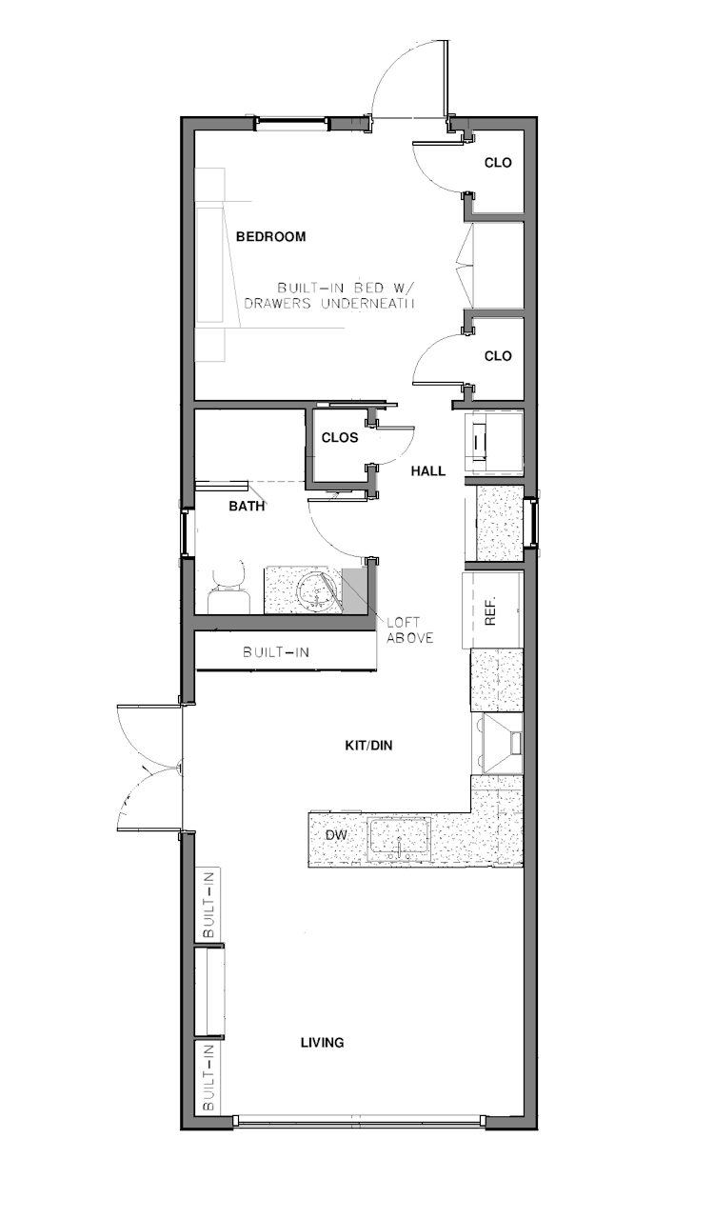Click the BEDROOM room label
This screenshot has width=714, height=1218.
pos(270,237)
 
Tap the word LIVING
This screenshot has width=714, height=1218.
pos(322,1043)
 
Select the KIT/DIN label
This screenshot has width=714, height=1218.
pos(368,746)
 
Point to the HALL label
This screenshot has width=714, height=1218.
pos(427,471)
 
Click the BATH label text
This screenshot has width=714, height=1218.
pos(247,508)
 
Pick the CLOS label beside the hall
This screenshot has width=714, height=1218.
pos(339,438)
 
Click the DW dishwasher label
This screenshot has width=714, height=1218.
pos(335,835)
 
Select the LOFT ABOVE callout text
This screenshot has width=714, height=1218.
pos(409,630)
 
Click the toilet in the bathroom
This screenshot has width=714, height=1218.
pos(228,590)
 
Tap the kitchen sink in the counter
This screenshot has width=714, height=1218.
pos(400,839)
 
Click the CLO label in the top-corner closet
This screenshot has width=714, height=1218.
pos(498,163)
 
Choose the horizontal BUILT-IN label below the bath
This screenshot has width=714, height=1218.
pos(275,652)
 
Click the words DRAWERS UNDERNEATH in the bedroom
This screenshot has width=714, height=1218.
pos(332,304)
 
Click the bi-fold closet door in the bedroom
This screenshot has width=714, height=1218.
pos(464,264)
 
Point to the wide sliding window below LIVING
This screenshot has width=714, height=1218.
pos(361,1122)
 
